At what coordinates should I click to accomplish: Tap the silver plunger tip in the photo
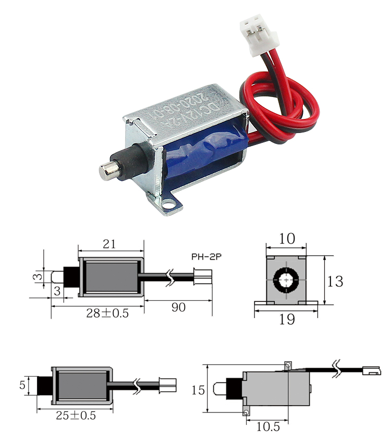pos(107,171)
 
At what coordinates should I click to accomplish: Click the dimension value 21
pos(109,244)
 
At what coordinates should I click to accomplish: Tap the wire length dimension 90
pos(179,307)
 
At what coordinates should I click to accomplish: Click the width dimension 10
pos(286,238)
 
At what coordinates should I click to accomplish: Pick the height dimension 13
pos(336,281)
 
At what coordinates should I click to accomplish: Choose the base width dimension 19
pos(286,318)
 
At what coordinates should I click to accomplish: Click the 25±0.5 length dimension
pos(75,416)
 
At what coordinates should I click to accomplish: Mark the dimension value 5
pos(22,386)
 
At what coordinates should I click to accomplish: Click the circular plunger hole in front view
pos(286,281)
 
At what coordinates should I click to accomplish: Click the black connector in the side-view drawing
pos(371,372)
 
